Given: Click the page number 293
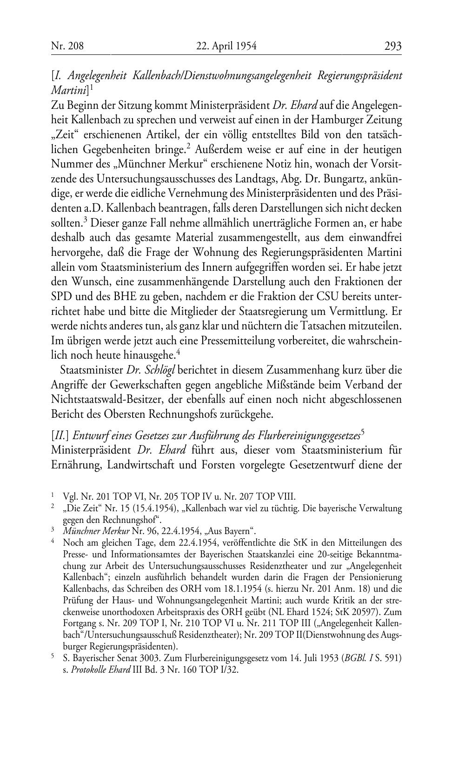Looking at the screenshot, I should coord(392,46).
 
